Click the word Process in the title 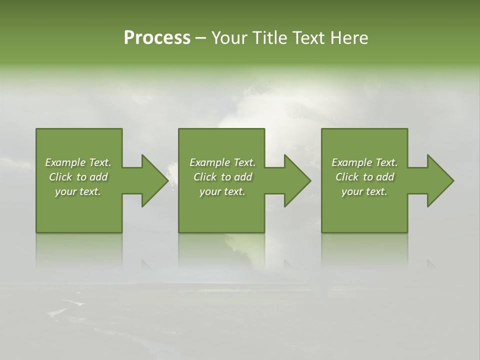point(157,38)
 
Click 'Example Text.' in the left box point(78,162)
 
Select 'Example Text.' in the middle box point(222,162)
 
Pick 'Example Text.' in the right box point(364,162)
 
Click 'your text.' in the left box point(78,191)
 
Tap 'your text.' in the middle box point(222,191)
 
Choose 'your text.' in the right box point(364,191)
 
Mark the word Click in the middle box point(205,177)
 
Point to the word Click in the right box point(347,177)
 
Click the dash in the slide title point(201,38)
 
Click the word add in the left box point(98,177)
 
